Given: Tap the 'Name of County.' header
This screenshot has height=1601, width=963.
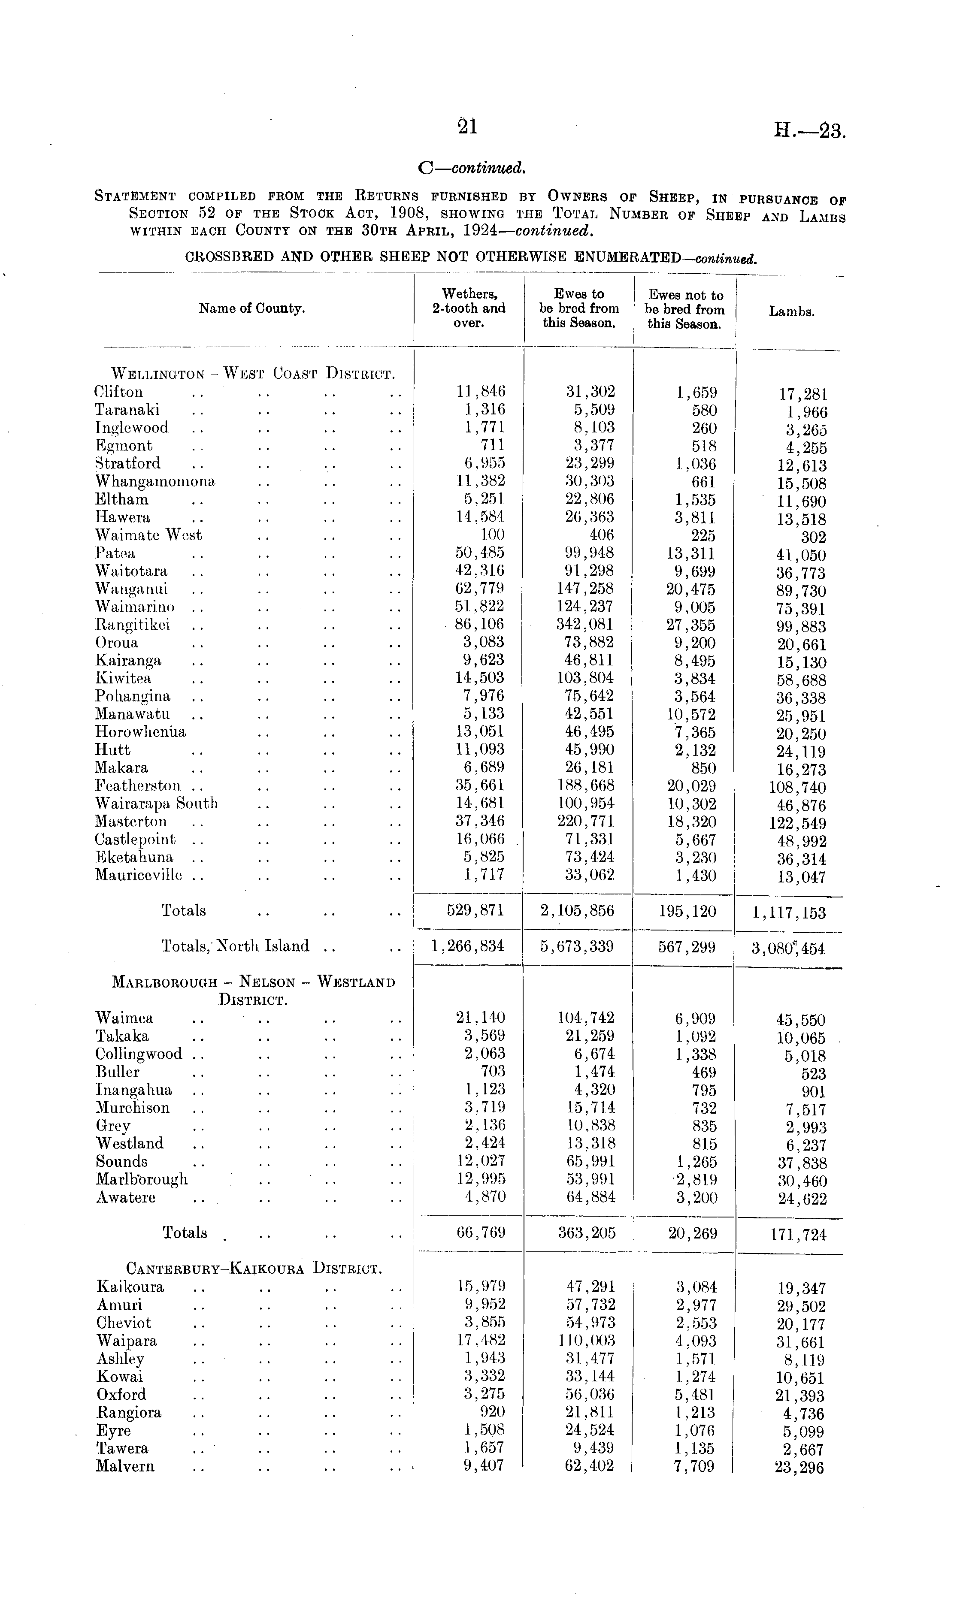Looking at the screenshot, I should [252, 309].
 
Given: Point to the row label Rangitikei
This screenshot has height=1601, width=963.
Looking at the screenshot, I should [132, 625].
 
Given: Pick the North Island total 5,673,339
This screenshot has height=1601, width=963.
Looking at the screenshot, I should [577, 946].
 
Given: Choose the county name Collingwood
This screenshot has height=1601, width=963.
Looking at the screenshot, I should [139, 1054].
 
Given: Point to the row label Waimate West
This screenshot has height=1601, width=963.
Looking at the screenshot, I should [148, 535].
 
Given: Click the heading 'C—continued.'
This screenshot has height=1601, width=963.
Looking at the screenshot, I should [472, 168].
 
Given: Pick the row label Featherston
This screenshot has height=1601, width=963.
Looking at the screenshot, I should [138, 785].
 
